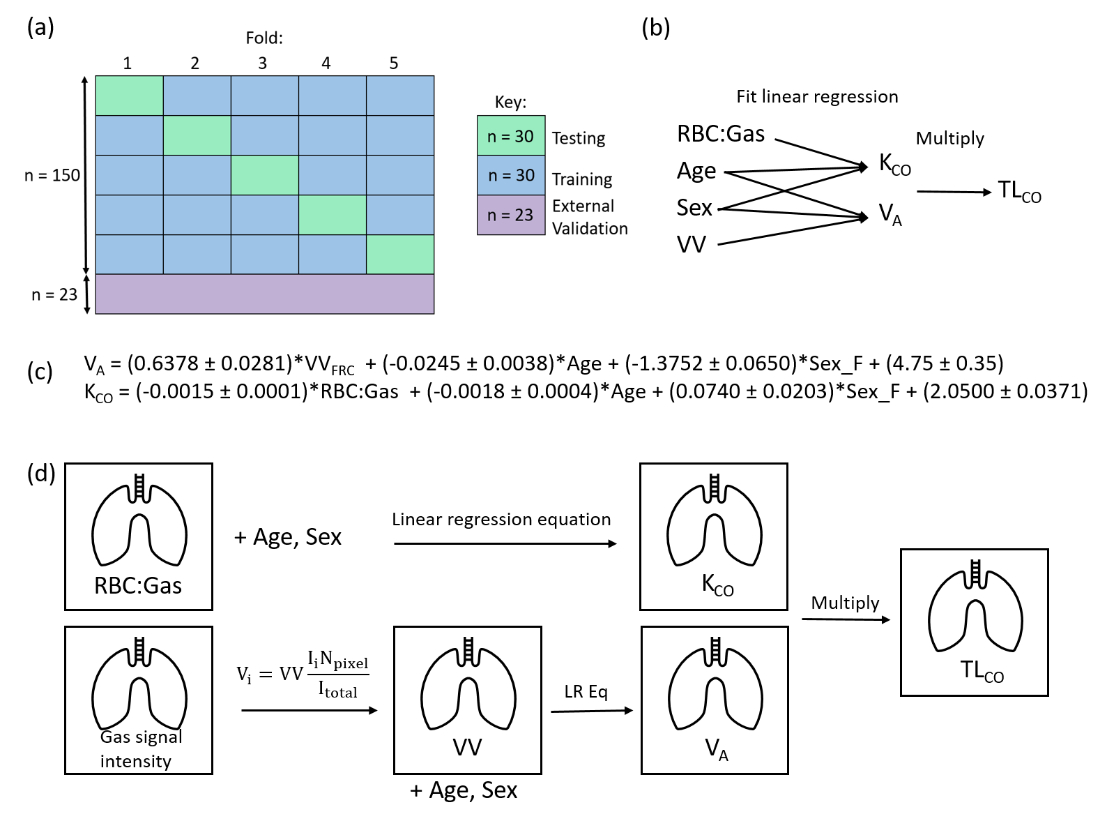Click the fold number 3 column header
click(262, 63)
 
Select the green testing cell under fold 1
click(129, 96)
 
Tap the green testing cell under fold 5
click(400, 254)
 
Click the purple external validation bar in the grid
click(264, 294)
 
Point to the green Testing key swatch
click(511, 135)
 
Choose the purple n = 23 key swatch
click(511, 215)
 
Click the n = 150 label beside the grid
click(52, 175)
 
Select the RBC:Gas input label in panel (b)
click(721, 133)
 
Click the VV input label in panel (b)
click(692, 244)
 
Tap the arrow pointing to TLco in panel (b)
click(953, 192)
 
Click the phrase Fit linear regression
click(817, 96)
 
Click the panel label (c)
click(40, 371)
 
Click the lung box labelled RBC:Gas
click(139, 536)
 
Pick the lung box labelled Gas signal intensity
click(139, 700)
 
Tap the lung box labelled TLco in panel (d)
click(974, 622)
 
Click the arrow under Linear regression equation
click(505, 543)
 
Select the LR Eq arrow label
click(586, 691)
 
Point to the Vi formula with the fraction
click(303, 674)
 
